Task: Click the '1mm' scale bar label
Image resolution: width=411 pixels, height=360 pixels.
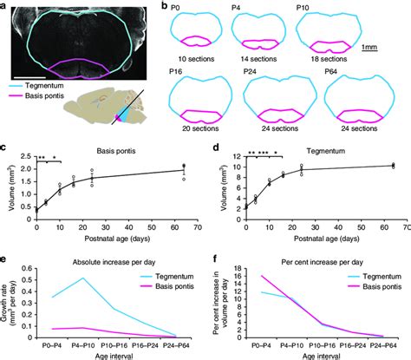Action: [393, 47]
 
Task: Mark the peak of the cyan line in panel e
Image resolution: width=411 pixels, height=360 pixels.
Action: [106, 278]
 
